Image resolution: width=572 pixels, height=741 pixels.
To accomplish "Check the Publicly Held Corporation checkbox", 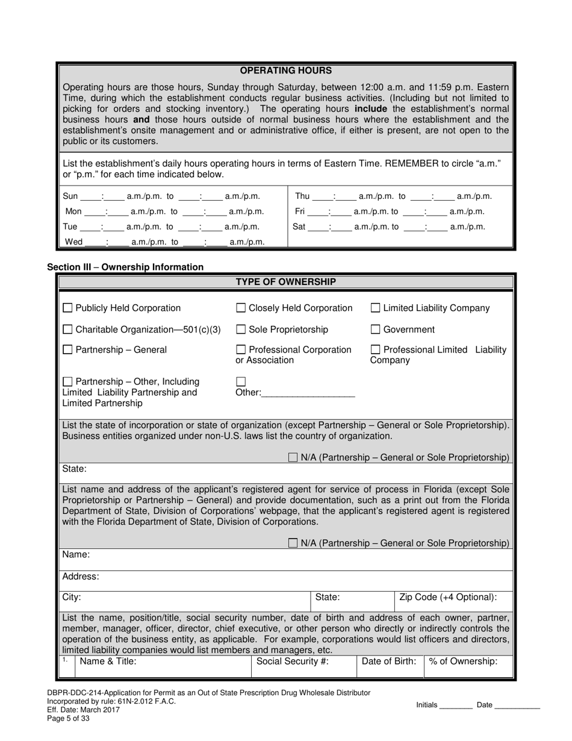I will (68, 308).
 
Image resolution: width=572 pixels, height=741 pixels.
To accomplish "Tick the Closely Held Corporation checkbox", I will (241, 308).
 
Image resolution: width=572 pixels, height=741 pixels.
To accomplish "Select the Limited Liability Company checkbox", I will (375, 308).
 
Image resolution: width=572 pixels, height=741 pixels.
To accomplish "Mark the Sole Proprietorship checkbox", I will (241, 330).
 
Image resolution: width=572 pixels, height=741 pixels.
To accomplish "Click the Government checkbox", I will (375, 330).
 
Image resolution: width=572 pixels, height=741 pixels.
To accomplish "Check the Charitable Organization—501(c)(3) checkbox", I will (68, 330).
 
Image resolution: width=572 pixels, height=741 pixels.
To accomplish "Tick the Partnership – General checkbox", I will (68, 350).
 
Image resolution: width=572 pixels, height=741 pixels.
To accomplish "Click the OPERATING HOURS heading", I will (285, 70).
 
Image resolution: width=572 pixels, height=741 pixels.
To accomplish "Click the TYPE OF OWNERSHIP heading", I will (285, 282).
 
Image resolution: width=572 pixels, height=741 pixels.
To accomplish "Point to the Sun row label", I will (70, 196).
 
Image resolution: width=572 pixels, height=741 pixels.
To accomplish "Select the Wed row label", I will (73, 242).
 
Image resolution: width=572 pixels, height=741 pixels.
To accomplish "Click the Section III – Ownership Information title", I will (125, 267).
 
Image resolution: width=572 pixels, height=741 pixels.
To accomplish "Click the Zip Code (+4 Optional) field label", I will (448, 598).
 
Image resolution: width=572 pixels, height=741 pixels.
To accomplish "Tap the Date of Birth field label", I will (388, 661).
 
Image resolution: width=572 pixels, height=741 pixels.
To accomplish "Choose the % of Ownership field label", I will (463, 661).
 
